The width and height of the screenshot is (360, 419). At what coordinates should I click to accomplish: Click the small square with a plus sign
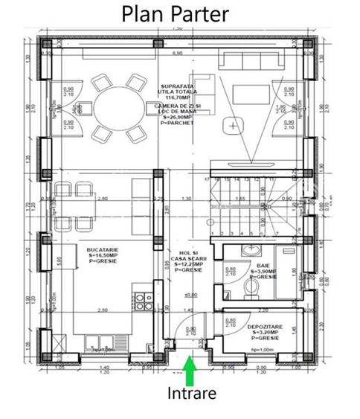[x=234, y=126]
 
